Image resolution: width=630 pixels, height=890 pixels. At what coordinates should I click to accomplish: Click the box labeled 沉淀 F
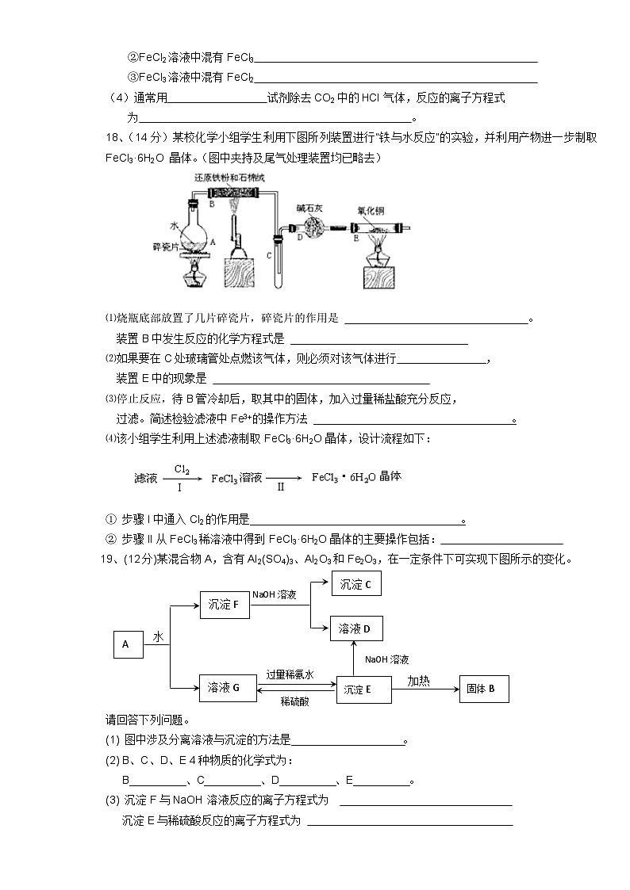click(x=224, y=605)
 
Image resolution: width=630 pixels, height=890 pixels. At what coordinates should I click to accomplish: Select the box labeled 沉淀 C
click(x=355, y=585)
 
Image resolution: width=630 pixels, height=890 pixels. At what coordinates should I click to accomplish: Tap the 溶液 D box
click(x=355, y=629)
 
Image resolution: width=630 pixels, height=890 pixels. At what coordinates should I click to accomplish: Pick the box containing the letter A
click(x=127, y=644)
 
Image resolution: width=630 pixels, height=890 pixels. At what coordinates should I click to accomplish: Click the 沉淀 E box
click(x=364, y=689)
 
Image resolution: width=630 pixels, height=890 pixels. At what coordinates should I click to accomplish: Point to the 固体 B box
click(x=484, y=689)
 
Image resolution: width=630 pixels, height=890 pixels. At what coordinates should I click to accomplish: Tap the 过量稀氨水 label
click(x=290, y=674)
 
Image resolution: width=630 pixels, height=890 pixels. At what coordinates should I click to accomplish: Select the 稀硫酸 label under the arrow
click(x=294, y=701)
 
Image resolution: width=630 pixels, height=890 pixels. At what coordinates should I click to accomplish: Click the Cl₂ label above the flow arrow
click(x=182, y=469)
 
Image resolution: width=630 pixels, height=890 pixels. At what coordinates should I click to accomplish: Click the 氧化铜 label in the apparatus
click(x=372, y=212)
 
